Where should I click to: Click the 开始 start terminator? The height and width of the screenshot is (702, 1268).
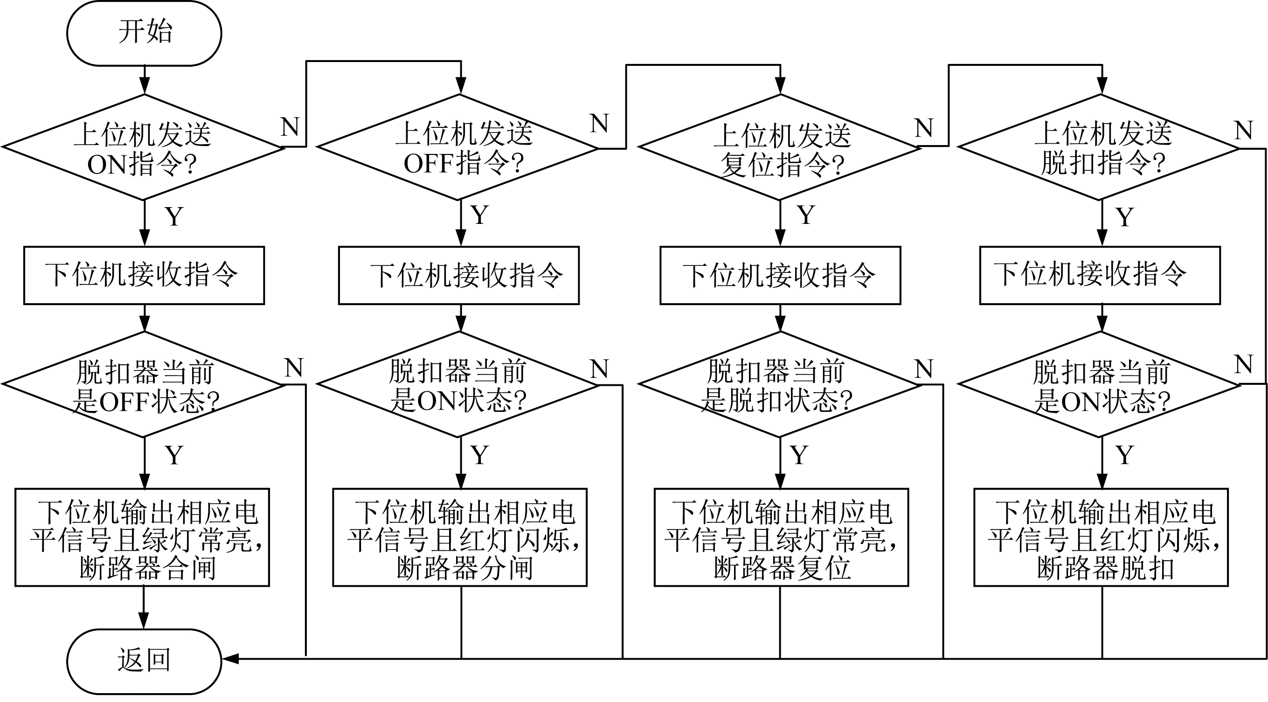pos(144,33)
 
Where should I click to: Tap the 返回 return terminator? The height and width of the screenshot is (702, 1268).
pos(144,660)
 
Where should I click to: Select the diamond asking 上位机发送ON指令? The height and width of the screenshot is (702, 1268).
pos(143,147)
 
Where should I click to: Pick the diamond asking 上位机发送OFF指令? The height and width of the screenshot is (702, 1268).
pos(458,147)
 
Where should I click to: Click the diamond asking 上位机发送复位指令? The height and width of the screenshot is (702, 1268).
pos(780,147)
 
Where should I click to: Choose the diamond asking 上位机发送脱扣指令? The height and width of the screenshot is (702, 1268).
pos(1101,147)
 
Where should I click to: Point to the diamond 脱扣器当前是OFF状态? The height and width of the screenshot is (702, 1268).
pos(143,384)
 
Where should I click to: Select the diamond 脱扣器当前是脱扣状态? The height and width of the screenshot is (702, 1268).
pos(780,384)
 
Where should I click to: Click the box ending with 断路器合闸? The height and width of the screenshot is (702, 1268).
pos(142,537)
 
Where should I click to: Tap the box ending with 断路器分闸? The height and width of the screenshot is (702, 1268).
pos(460,537)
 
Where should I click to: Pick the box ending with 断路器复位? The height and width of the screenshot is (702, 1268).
pos(781,537)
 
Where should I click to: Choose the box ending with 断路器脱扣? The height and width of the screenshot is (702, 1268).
pos(1101,537)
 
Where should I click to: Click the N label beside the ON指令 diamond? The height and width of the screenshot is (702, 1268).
pos(290,126)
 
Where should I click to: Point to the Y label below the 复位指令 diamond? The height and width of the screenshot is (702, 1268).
pos(805,215)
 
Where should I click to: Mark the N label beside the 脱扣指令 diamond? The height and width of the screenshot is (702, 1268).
pos(1243,131)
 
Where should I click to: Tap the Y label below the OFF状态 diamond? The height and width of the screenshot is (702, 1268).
pos(174,455)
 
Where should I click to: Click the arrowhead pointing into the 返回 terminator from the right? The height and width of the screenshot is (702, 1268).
pos(230,659)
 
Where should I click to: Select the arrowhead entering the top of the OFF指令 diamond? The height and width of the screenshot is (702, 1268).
pos(461,87)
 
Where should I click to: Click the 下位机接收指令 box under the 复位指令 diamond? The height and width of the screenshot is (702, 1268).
pos(780,275)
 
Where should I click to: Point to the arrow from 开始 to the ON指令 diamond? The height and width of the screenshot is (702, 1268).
pos(144,80)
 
